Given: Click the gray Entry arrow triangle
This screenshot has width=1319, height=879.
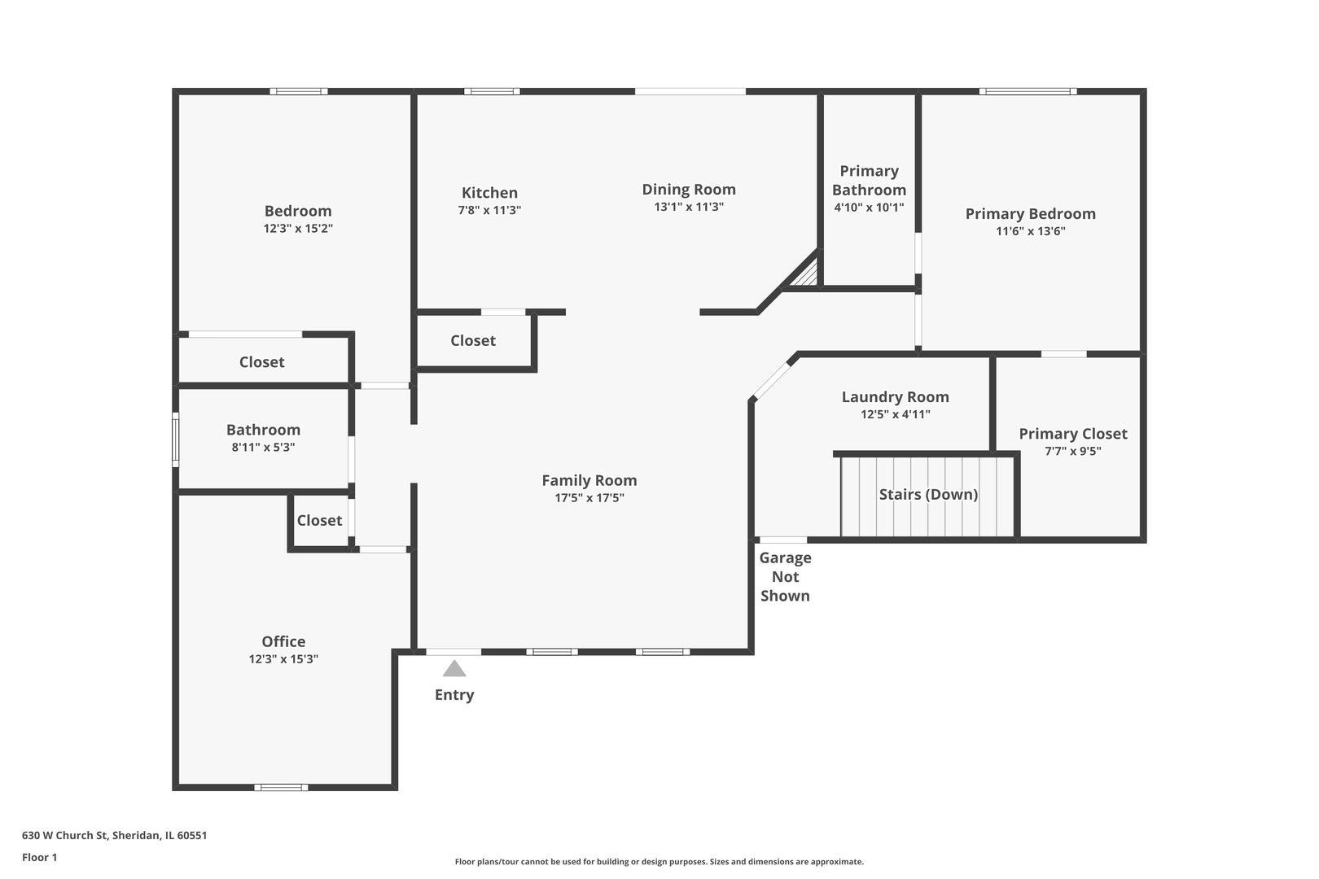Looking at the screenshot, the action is pyautogui.click(x=454, y=668).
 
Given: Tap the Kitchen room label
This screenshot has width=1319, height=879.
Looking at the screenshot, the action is pyautogui.click(x=489, y=193).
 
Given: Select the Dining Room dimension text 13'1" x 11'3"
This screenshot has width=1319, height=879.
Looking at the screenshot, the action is pyautogui.click(x=688, y=207).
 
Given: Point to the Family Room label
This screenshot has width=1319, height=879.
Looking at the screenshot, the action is pyautogui.click(x=589, y=480).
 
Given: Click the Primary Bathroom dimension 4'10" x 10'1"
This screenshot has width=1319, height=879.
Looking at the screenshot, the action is pyautogui.click(x=869, y=208).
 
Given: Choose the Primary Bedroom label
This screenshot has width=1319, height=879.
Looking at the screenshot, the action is pyautogui.click(x=1030, y=214).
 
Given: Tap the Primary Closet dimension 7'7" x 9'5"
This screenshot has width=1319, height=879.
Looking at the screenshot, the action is pyautogui.click(x=1072, y=451).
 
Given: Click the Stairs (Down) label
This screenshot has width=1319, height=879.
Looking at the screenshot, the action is pyautogui.click(x=928, y=495).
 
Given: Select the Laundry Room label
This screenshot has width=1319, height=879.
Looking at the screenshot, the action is pyautogui.click(x=895, y=397).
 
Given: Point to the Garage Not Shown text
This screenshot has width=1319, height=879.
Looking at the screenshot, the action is pyautogui.click(x=785, y=577).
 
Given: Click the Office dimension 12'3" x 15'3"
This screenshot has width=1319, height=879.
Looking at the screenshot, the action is pyautogui.click(x=283, y=658).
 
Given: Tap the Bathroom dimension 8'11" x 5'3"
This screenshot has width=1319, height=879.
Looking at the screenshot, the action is pyautogui.click(x=263, y=448).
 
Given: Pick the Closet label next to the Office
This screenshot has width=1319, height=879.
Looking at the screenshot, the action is pyautogui.click(x=319, y=520).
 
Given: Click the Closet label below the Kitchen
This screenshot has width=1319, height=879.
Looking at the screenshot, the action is pyautogui.click(x=473, y=341).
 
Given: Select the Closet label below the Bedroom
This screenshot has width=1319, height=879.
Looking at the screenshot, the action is pyautogui.click(x=261, y=362).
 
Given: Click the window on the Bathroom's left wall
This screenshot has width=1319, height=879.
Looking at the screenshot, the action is pyautogui.click(x=176, y=439).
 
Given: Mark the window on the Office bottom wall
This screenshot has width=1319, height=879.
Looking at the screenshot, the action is pyautogui.click(x=281, y=787).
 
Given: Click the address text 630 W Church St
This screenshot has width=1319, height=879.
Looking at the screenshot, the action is pyautogui.click(x=65, y=835).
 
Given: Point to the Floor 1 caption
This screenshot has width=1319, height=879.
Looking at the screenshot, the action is pyautogui.click(x=39, y=857).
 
